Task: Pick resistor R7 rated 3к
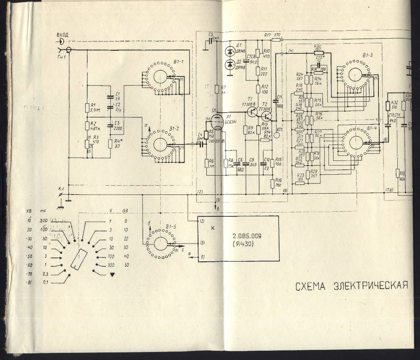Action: click(217, 89)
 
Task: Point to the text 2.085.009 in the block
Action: click(247, 236)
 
